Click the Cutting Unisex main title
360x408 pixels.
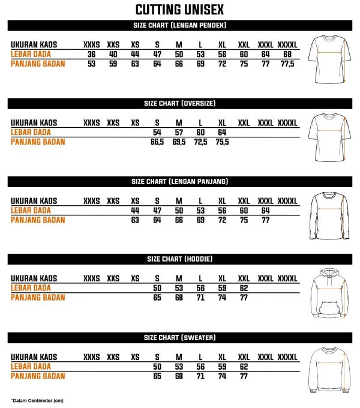coord(179,10)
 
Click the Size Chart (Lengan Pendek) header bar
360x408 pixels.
coord(179,25)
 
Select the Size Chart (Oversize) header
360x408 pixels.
coord(179,103)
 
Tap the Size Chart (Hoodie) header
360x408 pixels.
coord(179,259)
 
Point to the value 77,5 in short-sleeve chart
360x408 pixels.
coord(287,64)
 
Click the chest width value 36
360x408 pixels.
coord(91,55)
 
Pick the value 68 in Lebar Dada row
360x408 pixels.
coord(287,55)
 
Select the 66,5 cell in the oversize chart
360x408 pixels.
coord(157,142)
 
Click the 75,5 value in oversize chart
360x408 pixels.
coord(222,142)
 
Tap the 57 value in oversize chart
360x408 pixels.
coord(179,132)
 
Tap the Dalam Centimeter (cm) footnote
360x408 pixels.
coord(37,400)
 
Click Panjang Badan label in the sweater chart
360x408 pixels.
coord(38,376)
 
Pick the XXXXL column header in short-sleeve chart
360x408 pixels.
coord(287,45)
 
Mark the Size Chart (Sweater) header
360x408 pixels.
coord(179,337)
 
